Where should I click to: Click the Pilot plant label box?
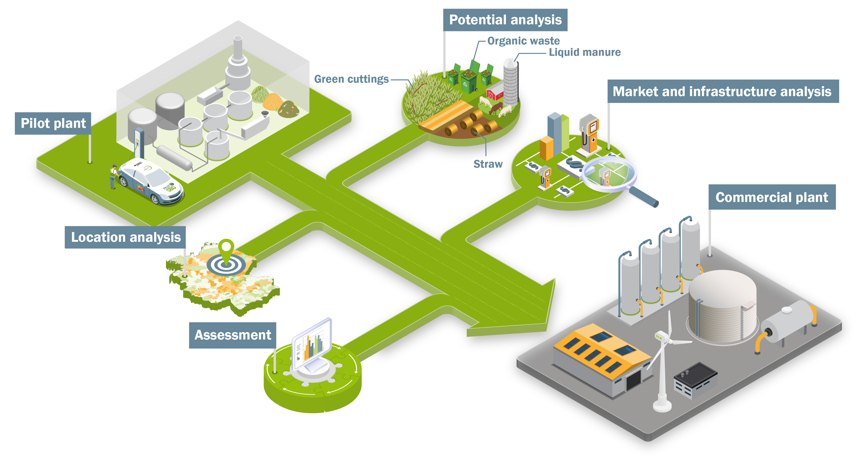pos(53,123)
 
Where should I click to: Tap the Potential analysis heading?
pos(505,20)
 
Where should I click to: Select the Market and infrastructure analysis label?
pos(723,91)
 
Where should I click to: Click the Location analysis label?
pos(125,237)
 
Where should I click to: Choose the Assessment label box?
pos(233,335)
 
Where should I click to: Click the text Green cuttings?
pos(351,79)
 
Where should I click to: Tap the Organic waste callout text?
pos(524,41)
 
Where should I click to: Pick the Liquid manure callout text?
pos(585,52)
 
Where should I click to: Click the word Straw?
pos(488,164)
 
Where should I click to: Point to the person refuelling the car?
pos(114,177)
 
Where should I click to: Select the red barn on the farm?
pos(495,91)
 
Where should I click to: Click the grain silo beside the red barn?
pos(511,82)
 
